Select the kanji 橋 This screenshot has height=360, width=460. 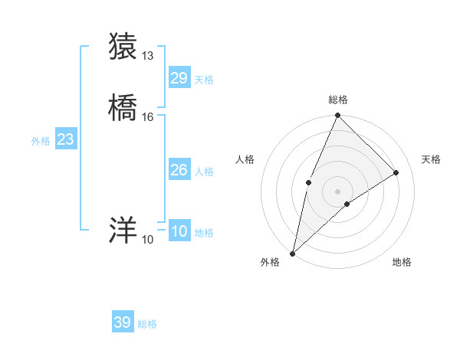pos(123,107)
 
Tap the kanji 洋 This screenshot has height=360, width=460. pos(123,230)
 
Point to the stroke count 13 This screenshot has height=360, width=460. pos(148,55)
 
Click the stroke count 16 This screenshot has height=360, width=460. pos(148,117)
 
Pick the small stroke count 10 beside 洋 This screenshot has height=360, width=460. pos(147,240)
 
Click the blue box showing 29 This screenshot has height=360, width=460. pos(179,78)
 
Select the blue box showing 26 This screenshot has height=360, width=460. pos(179,170)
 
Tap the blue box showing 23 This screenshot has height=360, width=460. pos(65,139)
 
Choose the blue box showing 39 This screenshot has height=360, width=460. pos(123,322)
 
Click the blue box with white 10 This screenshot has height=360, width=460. pos(179,231)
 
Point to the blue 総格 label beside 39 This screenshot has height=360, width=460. pos(147,324)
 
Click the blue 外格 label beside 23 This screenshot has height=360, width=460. pos(40,141)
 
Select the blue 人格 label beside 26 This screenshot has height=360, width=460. pos(204,172)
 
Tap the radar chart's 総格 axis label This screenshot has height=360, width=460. pos(337,100)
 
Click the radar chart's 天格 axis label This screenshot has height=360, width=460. pos(431,159)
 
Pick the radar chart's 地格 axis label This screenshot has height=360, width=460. pos(402,262)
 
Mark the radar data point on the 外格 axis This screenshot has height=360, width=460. pos(292,253)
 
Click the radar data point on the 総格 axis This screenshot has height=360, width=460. pos(337,116)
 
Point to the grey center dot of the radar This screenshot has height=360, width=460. pos(337,191)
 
